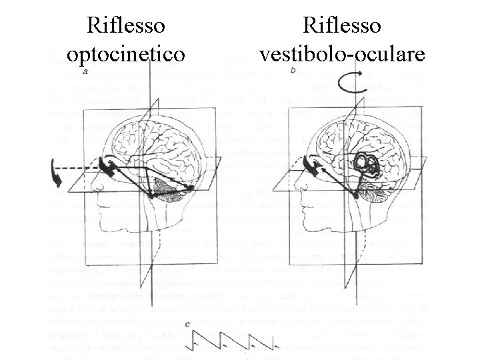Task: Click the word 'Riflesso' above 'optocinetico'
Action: tap(127, 27)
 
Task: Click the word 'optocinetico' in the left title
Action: tap(127, 53)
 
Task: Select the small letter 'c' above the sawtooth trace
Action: tap(191, 325)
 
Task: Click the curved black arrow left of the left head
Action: tap(55, 175)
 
